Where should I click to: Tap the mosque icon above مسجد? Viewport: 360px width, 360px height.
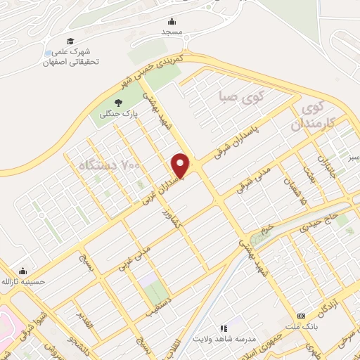(x=172, y=22)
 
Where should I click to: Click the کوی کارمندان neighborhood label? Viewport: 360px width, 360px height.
(x=314, y=115)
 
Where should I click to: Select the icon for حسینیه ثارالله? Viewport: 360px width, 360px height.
(x=23, y=271)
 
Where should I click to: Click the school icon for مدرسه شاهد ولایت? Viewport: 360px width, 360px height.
(x=224, y=328)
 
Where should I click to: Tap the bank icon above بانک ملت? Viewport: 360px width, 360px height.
(x=302, y=316)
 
